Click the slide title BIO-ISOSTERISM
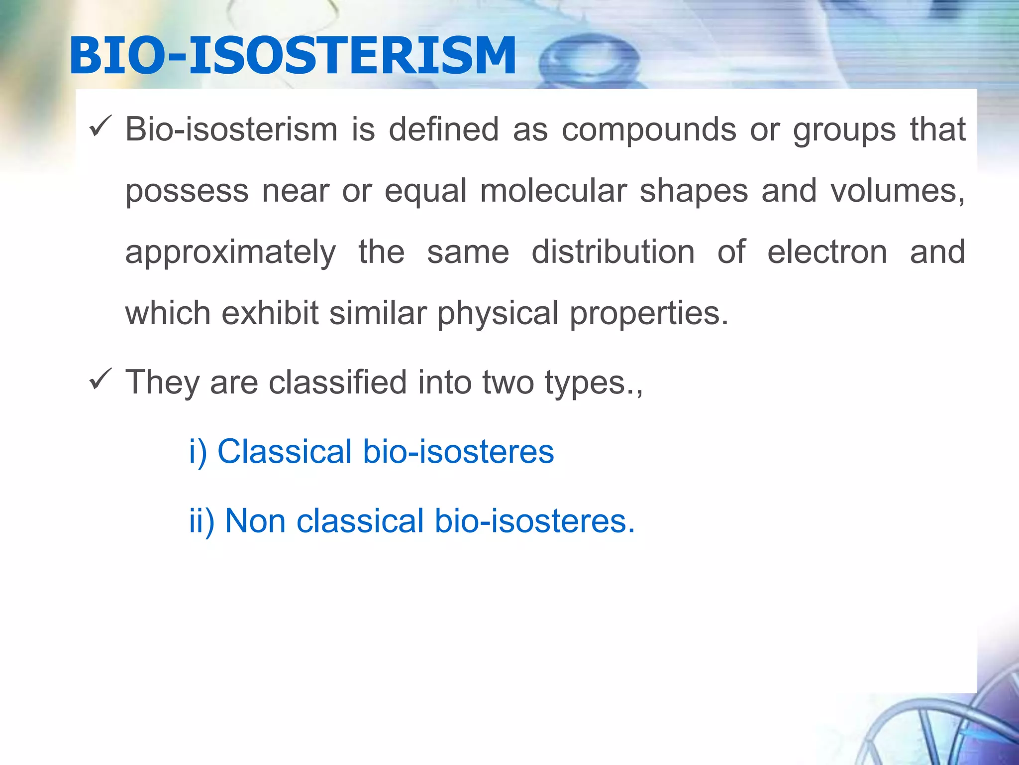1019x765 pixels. (x=293, y=56)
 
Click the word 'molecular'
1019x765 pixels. (x=553, y=191)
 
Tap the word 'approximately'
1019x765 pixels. (x=230, y=253)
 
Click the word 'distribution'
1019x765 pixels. (x=612, y=252)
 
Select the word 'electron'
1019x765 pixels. (x=827, y=252)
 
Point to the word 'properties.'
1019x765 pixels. (x=649, y=314)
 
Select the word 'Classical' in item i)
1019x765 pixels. (x=285, y=452)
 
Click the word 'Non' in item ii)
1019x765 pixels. (x=255, y=521)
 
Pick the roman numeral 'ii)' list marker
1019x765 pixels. (x=202, y=521)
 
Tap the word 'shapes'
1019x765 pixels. (x=694, y=192)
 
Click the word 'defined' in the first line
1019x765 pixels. (x=443, y=129)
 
